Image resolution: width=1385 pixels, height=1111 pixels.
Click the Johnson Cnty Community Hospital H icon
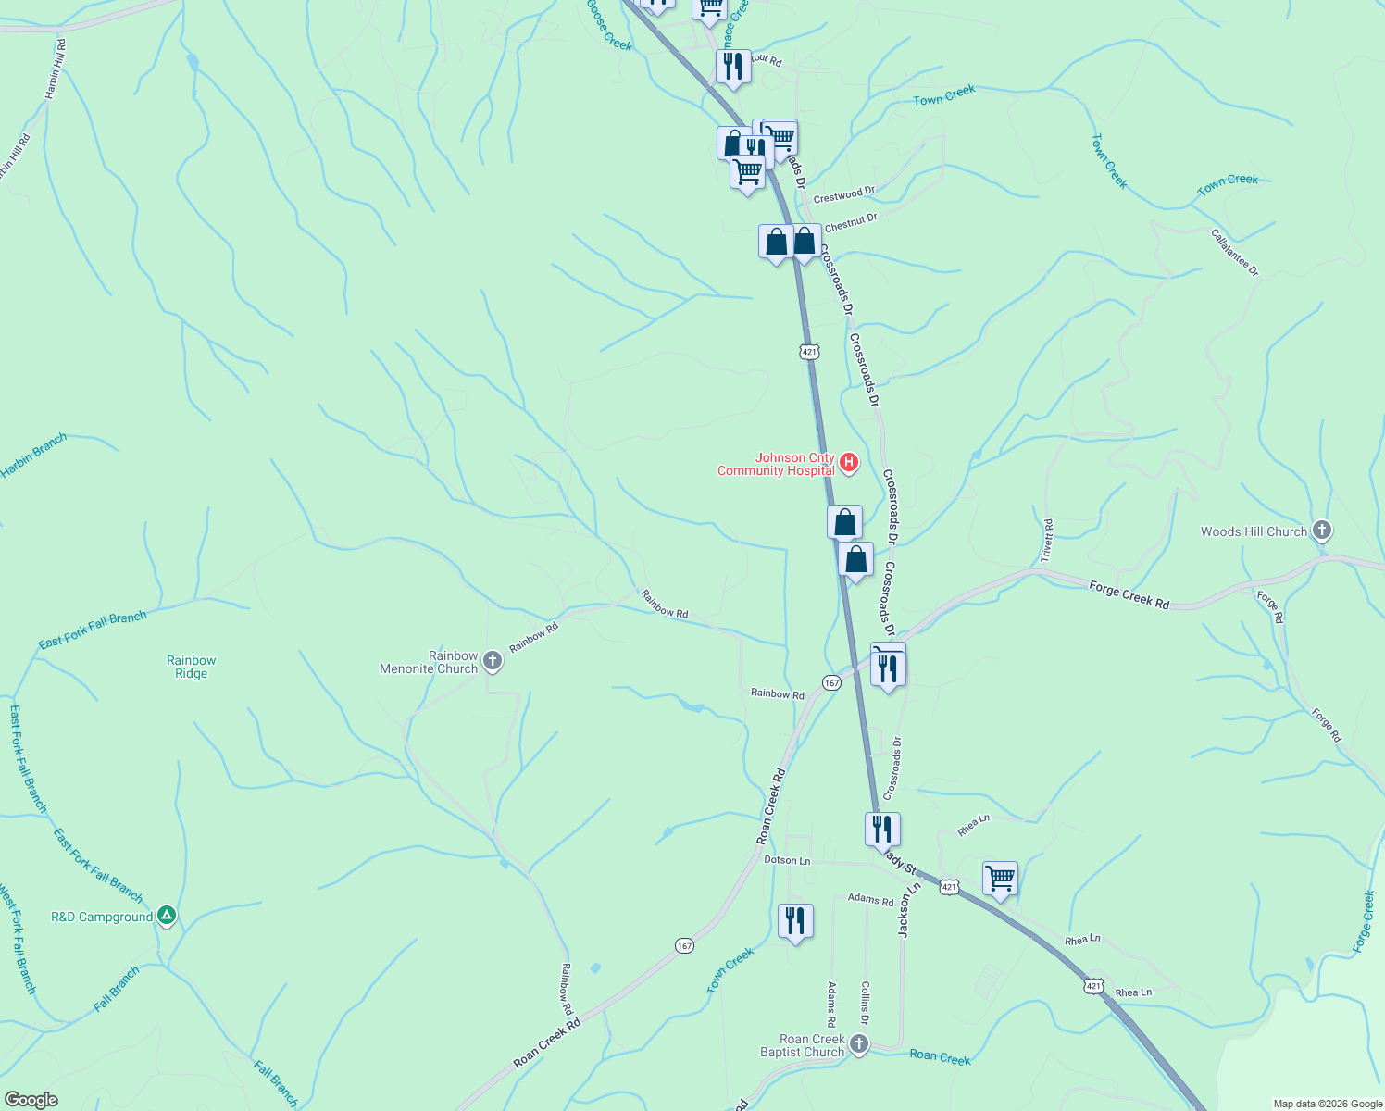pyautogui.click(x=849, y=462)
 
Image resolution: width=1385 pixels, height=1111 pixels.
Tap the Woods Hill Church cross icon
pyautogui.click(x=1322, y=531)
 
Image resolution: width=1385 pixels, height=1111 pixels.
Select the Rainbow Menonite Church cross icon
pyautogui.click(x=493, y=661)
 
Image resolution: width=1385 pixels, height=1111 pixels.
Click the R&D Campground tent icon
pyautogui.click(x=167, y=917)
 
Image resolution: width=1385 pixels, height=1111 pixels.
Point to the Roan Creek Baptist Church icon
pyautogui.click(x=859, y=1045)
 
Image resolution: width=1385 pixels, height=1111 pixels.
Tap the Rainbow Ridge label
pyautogui.click(x=192, y=667)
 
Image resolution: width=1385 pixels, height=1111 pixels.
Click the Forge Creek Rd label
pyautogui.click(x=1129, y=594)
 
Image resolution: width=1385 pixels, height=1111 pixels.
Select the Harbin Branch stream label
pyautogui.click(x=34, y=456)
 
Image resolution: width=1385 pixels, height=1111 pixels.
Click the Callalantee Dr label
pyautogui.click(x=1235, y=253)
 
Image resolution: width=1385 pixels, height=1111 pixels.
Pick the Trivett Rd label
pyautogui.click(x=1047, y=541)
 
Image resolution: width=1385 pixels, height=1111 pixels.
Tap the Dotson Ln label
pyautogui.click(x=787, y=860)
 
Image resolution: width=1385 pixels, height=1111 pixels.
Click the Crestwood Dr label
pyautogui.click(x=843, y=195)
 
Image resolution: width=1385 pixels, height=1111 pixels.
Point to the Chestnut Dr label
pyautogui.click(x=850, y=222)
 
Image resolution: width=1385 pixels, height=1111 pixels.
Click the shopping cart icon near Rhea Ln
pyautogui.click(x=1000, y=877)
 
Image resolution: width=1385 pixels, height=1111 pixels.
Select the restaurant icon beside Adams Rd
pyautogui.click(x=795, y=920)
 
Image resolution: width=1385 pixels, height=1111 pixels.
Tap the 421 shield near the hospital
pyautogui.click(x=809, y=352)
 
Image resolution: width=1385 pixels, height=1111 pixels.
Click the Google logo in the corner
pyautogui.click(x=31, y=1100)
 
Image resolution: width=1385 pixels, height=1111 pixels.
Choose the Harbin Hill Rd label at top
pyautogui.click(x=56, y=69)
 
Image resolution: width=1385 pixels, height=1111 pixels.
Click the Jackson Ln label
pyautogui.click(x=910, y=909)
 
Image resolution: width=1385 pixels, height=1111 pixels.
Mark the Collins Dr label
pyautogui.click(x=865, y=1004)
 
